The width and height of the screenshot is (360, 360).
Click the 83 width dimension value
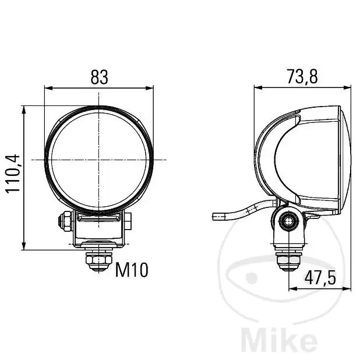tap(99, 77)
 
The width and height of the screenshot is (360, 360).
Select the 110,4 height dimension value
tap(13, 174)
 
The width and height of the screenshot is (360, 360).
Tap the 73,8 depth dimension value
tap(302, 77)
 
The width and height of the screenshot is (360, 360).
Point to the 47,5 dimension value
tap(320, 278)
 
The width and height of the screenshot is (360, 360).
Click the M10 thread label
tap(132, 270)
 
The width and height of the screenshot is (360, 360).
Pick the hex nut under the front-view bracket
tap(98, 260)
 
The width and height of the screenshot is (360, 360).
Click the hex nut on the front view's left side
tap(65, 221)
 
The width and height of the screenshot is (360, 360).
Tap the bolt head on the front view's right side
tap(128, 221)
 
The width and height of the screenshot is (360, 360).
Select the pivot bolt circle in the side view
tap(288, 221)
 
